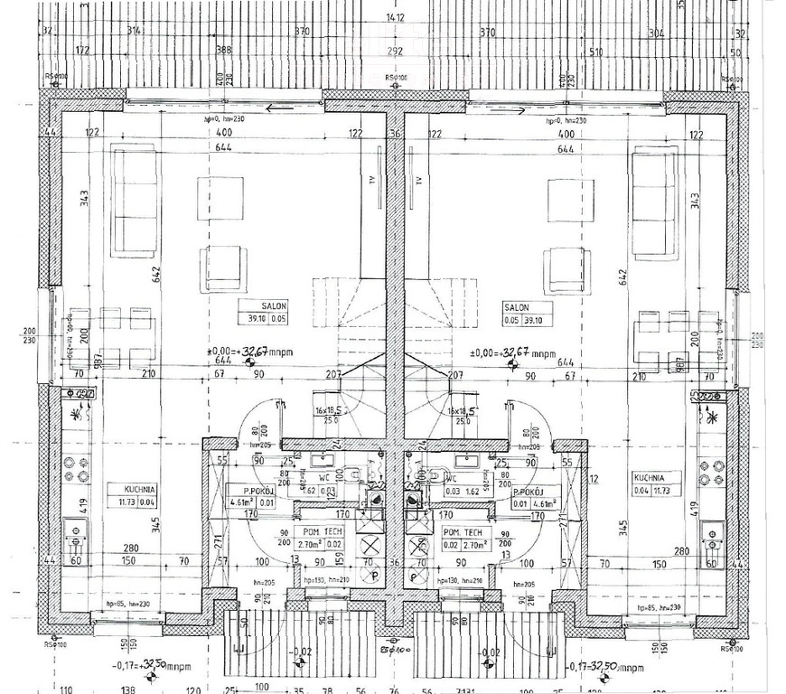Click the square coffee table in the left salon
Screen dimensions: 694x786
(x=220, y=197)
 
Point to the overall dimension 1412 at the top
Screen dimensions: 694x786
(x=394, y=16)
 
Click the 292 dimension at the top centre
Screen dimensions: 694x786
(x=394, y=52)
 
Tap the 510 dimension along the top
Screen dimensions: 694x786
(x=595, y=52)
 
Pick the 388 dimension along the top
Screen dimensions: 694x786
(x=222, y=52)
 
